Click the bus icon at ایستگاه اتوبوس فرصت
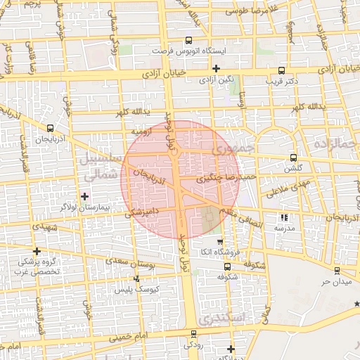(x=188, y=40)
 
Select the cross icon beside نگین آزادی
(x=216, y=68)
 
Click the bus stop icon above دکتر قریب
(x=282, y=70)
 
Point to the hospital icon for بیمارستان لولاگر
(x=85, y=196)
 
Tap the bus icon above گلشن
(x=294, y=157)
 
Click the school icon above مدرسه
(x=284, y=218)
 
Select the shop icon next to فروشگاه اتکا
(x=219, y=242)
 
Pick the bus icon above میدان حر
(x=337, y=270)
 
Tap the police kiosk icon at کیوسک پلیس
(x=136, y=278)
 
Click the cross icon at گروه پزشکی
(x=37, y=251)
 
